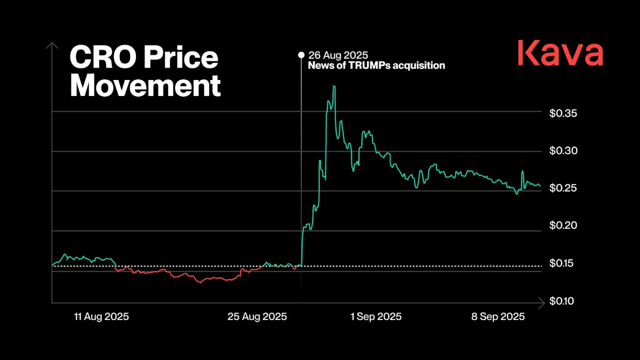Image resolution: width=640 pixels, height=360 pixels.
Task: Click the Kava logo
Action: [560, 54]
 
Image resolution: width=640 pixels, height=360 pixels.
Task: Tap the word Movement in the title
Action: [145, 86]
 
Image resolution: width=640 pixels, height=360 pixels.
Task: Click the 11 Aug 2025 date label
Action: [101, 317]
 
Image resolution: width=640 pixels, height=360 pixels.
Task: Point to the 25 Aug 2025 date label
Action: [257, 317]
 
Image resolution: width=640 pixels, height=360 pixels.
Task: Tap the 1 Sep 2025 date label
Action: [376, 317]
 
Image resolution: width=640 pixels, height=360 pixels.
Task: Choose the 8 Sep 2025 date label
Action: [498, 317]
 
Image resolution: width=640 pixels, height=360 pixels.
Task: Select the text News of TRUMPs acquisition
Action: [377, 66]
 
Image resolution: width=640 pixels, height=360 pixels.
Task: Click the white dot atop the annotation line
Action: [301, 54]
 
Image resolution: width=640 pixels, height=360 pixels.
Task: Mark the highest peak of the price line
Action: [334, 86]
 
